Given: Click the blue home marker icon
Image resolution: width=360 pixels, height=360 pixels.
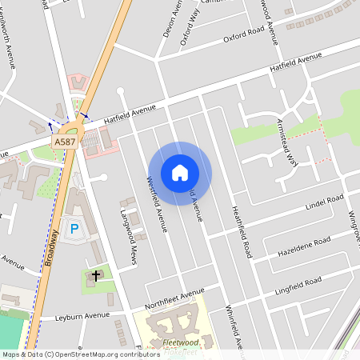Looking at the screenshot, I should click(180, 173).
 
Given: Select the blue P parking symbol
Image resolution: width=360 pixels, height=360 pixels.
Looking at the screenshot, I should click(74, 230).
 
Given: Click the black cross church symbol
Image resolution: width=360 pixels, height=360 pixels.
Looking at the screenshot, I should click(96, 276).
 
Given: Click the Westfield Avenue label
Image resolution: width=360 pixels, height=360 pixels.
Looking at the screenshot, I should click(158, 204).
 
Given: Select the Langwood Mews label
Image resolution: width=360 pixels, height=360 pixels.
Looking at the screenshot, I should click(127, 232).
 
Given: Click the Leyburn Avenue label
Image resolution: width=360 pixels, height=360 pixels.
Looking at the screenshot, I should click(82, 317).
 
